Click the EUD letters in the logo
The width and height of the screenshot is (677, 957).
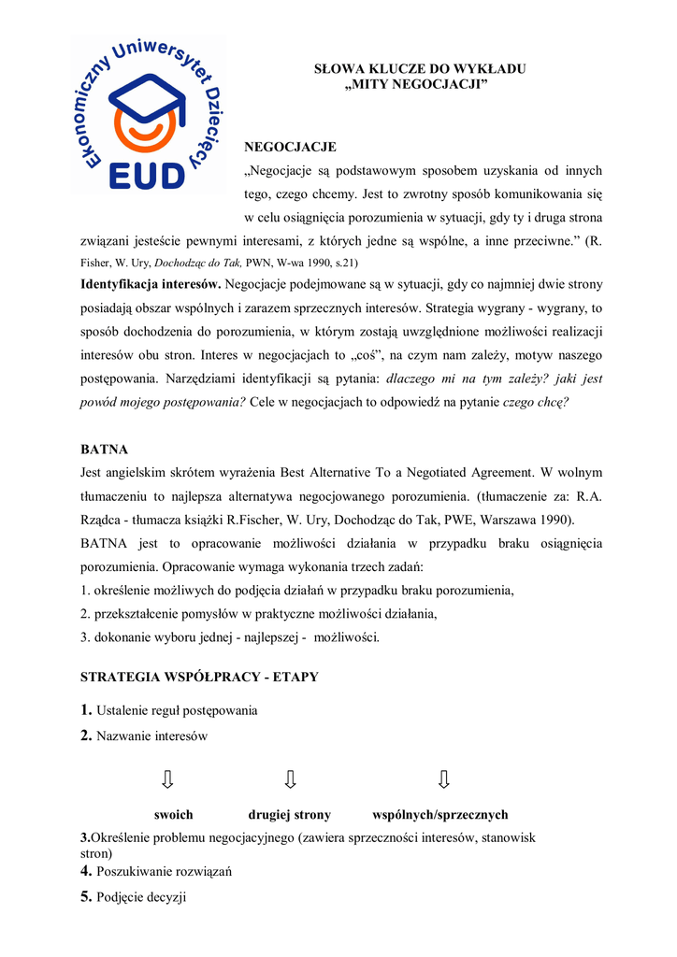point(148,174)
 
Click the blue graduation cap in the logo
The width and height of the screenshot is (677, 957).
point(148,93)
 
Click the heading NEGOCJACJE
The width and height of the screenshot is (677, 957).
point(290,147)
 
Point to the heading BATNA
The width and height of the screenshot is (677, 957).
point(104,449)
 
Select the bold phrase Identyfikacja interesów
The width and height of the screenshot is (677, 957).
point(151,283)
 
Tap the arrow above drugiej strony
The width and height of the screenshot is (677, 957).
point(291,778)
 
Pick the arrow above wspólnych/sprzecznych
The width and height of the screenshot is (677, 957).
point(443,778)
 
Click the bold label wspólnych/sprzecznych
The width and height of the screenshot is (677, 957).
point(439,815)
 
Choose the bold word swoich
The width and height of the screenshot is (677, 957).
point(173,815)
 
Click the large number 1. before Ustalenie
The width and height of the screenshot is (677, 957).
point(87,709)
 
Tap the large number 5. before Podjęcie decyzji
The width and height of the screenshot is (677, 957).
point(87,897)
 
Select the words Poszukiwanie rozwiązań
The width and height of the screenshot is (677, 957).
point(164,872)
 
